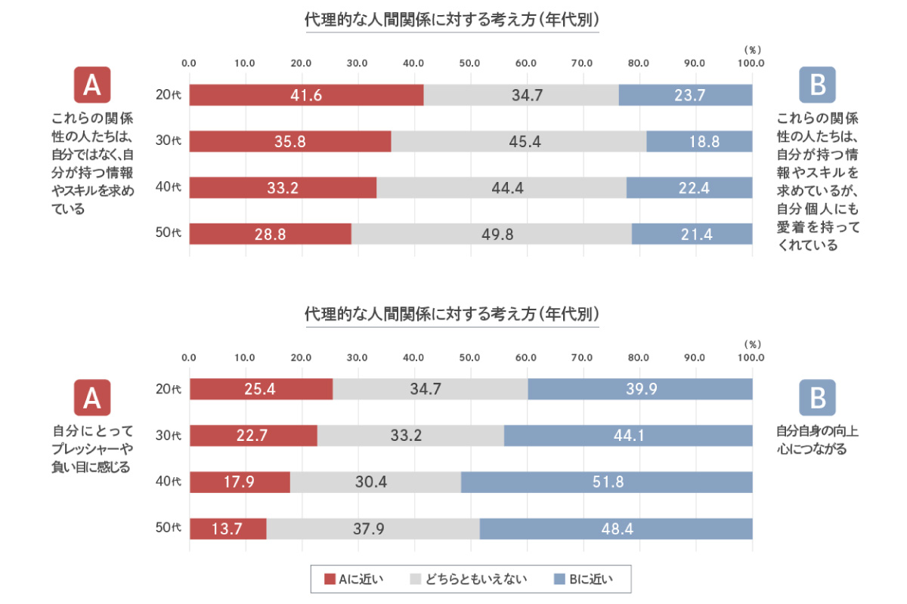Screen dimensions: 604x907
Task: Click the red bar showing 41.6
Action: click(306, 95)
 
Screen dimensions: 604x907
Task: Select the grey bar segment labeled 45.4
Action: click(519, 141)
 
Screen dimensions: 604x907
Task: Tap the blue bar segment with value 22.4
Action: click(689, 188)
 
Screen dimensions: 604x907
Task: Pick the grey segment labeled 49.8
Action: click(491, 234)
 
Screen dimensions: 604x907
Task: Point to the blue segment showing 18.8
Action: click(699, 141)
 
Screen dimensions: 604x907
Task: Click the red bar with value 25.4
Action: click(261, 390)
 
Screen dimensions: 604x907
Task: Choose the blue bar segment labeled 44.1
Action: click(628, 436)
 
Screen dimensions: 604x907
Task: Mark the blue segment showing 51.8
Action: click(607, 482)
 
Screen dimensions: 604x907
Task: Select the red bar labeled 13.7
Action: click(228, 528)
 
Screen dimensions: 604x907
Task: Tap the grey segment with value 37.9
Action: click(373, 528)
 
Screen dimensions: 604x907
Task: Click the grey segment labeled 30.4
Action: click(375, 482)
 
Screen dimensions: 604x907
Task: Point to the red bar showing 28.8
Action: click(270, 234)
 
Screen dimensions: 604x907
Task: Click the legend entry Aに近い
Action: click(354, 580)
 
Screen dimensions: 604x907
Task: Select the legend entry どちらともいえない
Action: click(468, 580)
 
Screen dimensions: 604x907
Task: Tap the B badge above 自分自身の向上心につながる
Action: click(817, 398)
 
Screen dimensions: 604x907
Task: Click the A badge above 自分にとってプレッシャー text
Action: click(92, 398)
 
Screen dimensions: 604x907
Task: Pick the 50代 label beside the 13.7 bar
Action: click(169, 528)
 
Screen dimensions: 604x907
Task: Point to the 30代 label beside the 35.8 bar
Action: click(169, 141)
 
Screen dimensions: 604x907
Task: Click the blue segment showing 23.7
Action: click(686, 95)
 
